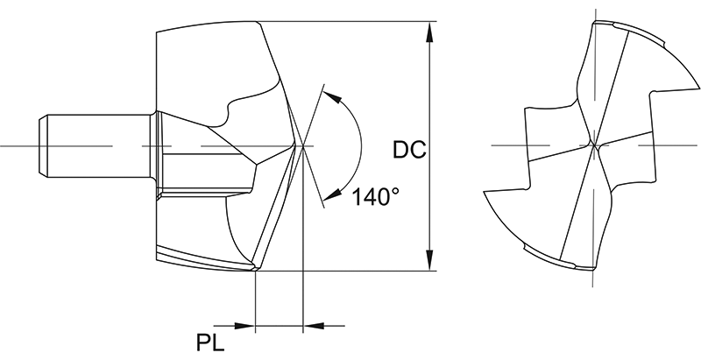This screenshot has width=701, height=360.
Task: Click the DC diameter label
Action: point(408,150)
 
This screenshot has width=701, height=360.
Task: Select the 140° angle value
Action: point(376,197)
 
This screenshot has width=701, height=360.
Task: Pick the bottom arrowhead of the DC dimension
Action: point(429,261)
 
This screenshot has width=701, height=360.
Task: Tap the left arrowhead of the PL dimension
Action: point(246,326)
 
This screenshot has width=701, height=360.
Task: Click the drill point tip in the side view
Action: point(301,144)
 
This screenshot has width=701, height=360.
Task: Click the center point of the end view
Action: point(593,145)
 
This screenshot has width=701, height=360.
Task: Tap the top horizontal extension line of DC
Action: point(350,20)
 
